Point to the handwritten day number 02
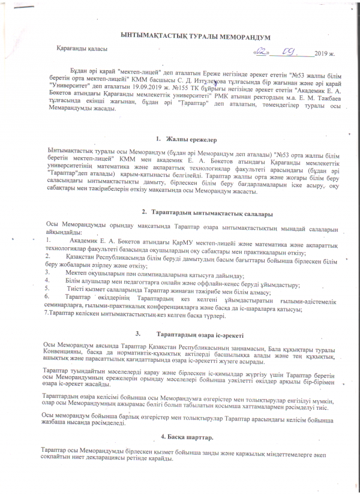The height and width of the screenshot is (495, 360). click(262, 52)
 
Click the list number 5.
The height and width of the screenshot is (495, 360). click(49, 289)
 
